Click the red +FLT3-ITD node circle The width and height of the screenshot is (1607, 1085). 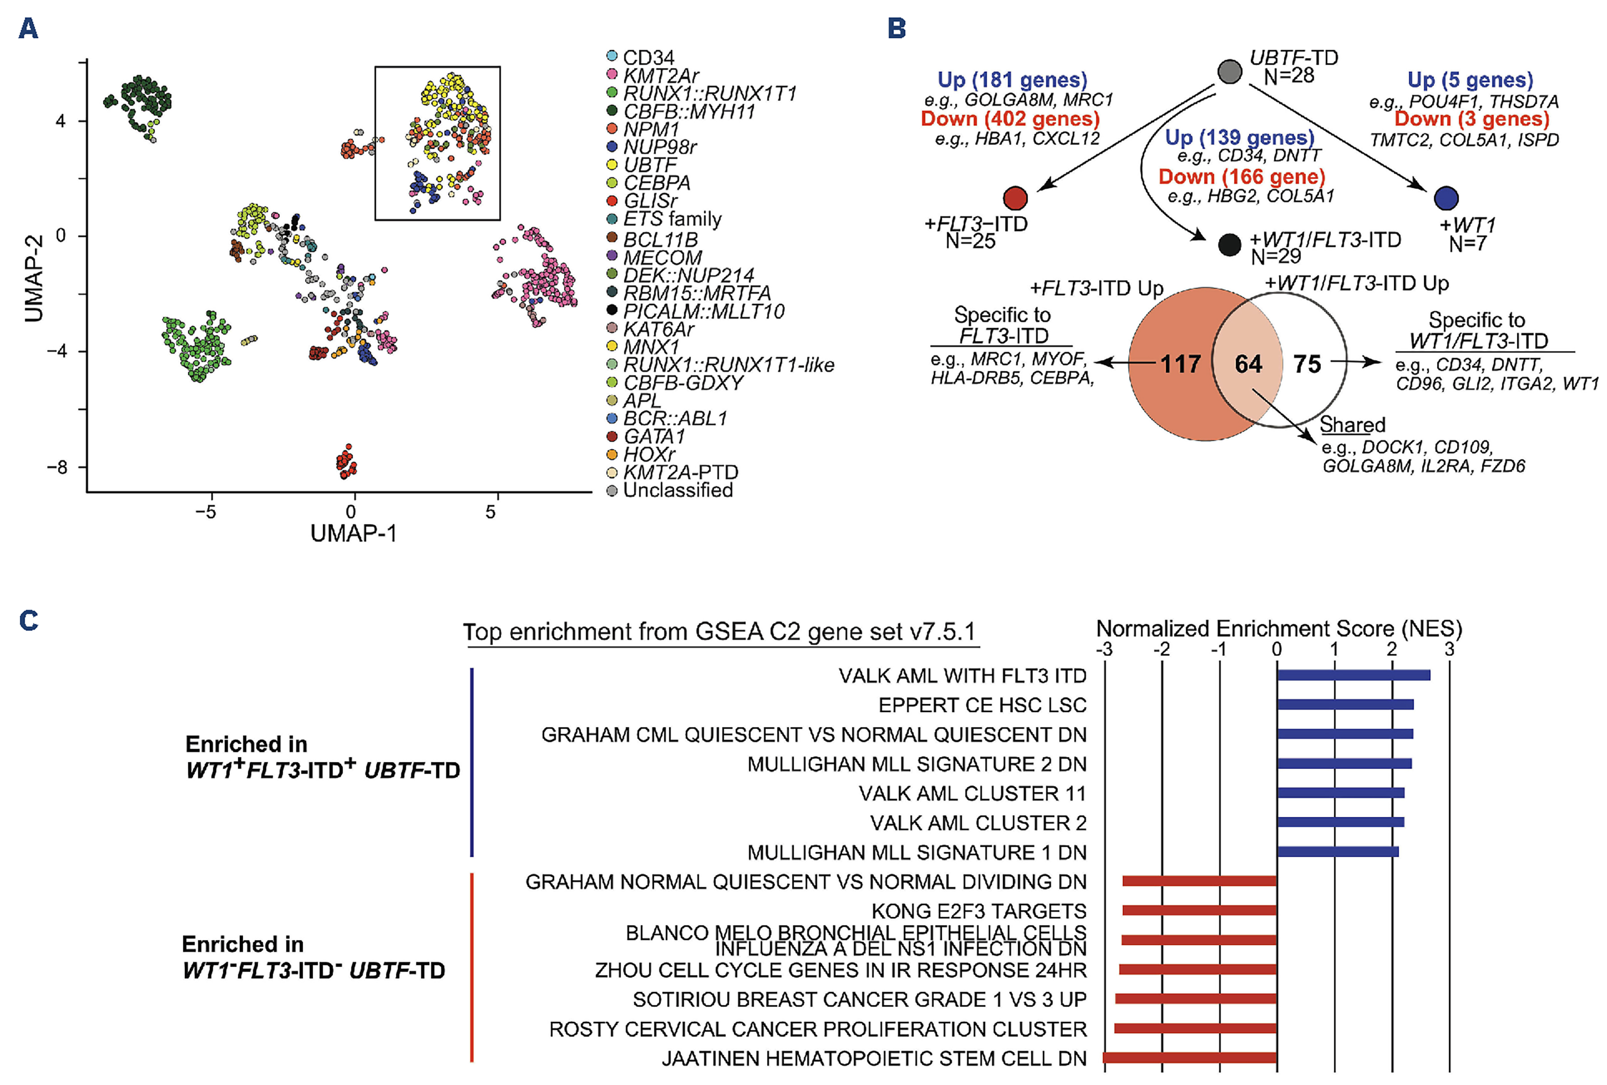pos(1015,199)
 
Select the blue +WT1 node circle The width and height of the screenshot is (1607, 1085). pos(1446,199)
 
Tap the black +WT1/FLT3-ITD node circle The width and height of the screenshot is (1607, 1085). pos(1229,245)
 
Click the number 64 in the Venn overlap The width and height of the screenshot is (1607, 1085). pos(1248,364)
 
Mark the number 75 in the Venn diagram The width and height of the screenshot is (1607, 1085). pos(1307,364)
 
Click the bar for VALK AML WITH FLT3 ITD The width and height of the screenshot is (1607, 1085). pos(1353,675)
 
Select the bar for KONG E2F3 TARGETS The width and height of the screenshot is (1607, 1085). pos(1199,911)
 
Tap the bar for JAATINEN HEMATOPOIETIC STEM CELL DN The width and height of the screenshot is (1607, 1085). pos(1190,1058)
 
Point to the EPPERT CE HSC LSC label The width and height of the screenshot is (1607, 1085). pos(982,705)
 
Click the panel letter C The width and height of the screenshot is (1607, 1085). pos(28,621)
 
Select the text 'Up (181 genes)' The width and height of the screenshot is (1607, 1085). pos(1012,80)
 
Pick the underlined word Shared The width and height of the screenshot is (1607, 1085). pos(1352,425)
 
